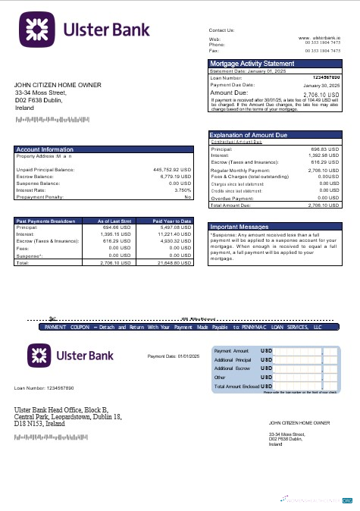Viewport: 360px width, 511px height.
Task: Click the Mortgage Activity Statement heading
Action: click(252, 63)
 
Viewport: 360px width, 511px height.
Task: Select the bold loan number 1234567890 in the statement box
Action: click(325, 77)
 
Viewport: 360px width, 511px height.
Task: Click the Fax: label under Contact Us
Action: click(213, 51)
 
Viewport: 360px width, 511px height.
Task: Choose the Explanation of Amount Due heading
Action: click(249, 135)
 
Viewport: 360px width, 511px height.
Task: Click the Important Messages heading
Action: click(240, 227)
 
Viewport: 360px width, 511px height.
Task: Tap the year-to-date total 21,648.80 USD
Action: click(174, 262)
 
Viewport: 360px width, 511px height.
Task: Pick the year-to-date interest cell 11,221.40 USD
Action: click(174, 234)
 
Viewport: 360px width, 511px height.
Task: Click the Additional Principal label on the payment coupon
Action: click(232, 359)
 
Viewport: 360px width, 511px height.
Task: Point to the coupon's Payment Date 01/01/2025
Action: click(173, 356)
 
